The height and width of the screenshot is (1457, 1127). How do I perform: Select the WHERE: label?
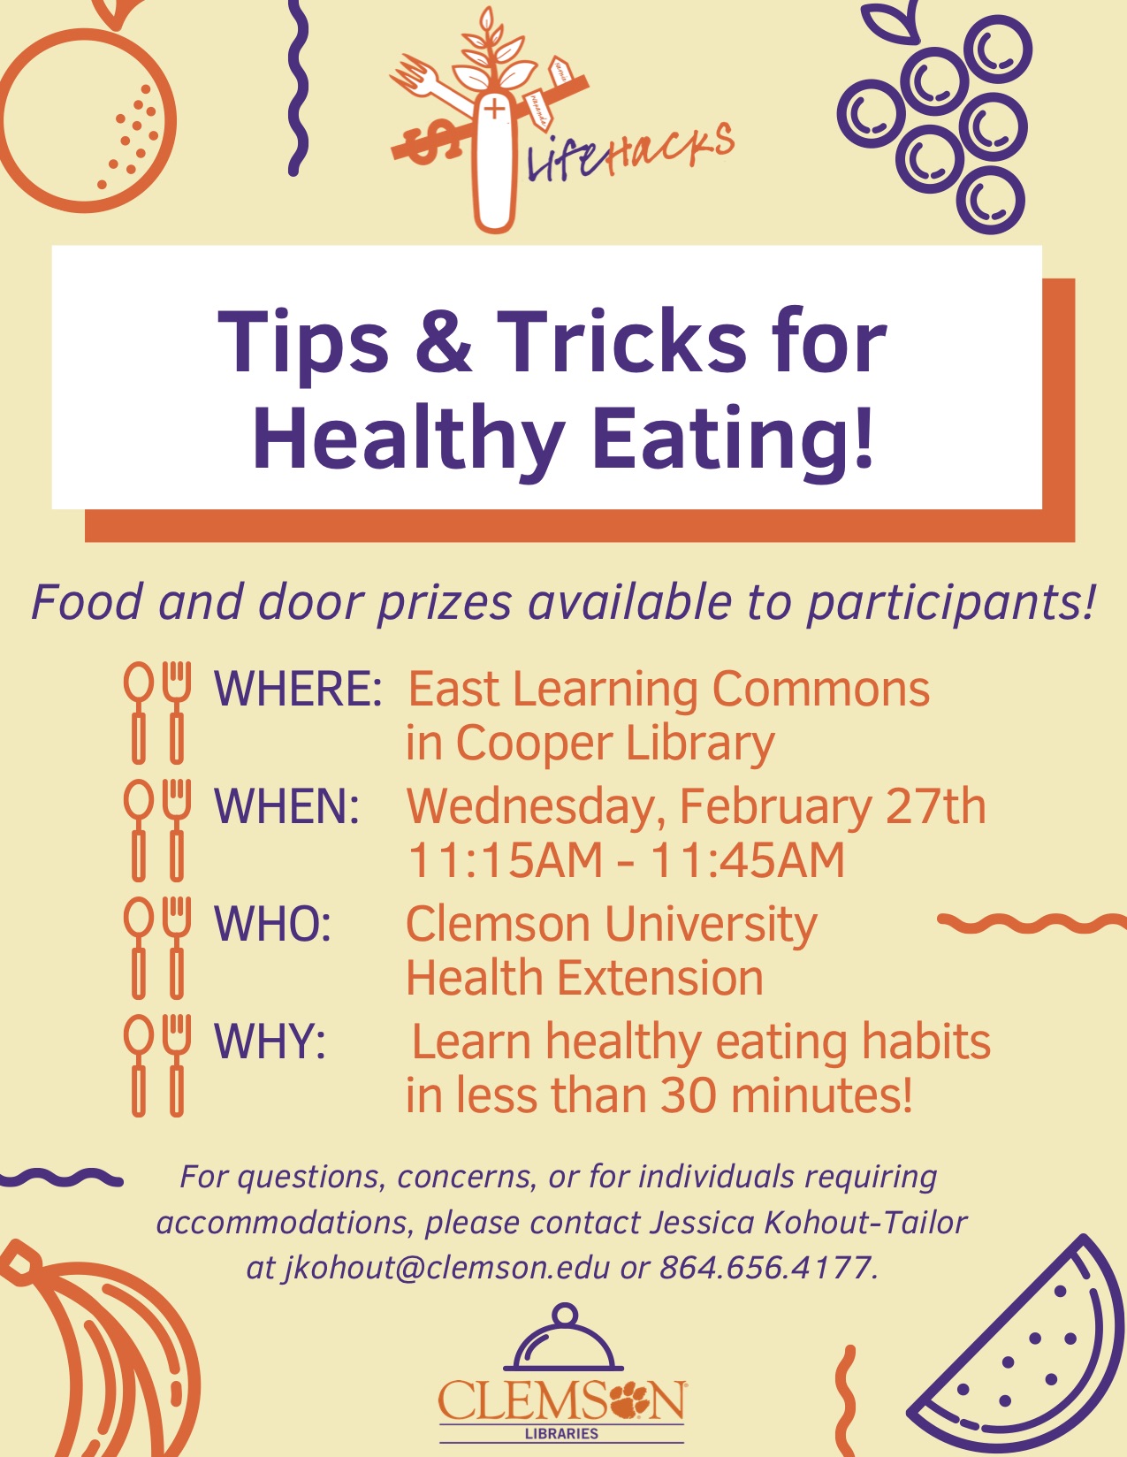(298, 689)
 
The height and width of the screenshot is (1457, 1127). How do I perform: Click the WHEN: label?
(286, 806)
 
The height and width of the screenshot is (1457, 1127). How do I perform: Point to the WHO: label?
(272, 924)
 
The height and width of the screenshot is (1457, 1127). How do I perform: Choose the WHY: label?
(270, 1041)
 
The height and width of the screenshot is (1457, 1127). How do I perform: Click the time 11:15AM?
(505, 860)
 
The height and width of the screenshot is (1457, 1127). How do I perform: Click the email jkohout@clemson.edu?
(446, 1268)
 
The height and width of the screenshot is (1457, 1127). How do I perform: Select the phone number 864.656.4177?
(765, 1268)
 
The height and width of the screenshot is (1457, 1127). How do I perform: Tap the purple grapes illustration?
(941, 119)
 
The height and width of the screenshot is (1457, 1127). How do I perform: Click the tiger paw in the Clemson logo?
(628, 1399)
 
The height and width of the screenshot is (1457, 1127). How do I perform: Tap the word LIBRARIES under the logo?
(561, 1433)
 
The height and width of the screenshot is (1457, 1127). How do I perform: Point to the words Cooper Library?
(615, 744)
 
